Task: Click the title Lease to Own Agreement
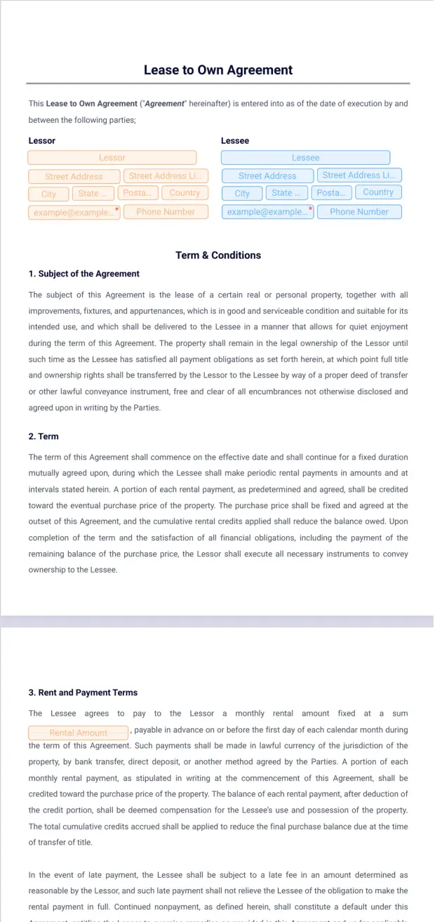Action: pos(217,70)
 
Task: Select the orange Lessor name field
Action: pos(112,158)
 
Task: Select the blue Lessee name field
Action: pos(305,158)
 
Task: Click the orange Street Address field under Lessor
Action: pos(74,176)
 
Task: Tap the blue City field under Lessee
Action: pos(242,193)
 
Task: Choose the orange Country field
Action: pos(185,193)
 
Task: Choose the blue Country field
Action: pos(378,192)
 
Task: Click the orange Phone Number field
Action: pos(166,211)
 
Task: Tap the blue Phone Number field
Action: pos(359,211)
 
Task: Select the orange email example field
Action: pos(74,212)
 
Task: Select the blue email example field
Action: pos(267,212)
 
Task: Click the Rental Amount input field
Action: pos(79,733)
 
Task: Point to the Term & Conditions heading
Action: pos(217,255)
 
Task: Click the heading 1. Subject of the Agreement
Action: pos(84,274)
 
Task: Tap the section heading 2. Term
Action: pos(43,436)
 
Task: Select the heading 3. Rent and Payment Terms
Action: pos(83,693)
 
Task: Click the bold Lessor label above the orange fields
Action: pos(42,140)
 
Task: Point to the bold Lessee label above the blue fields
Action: pos(235,140)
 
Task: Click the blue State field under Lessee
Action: pos(285,193)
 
